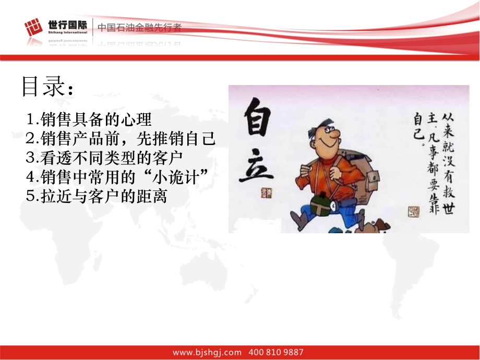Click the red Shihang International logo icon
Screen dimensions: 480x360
point(33,27)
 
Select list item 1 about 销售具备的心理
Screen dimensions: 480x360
point(89,119)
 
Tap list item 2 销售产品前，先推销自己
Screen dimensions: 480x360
point(121,138)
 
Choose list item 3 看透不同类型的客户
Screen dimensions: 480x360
point(104,158)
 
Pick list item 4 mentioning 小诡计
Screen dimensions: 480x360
point(117,177)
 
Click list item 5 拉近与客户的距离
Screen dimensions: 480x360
point(97,196)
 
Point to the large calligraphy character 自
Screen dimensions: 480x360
point(258,117)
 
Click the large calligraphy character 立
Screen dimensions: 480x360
point(256,165)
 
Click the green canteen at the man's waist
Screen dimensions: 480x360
point(321,204)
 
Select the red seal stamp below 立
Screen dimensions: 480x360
point(266,193)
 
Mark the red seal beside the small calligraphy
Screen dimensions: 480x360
point(414,211)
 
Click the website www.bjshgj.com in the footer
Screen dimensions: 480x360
point(207,352)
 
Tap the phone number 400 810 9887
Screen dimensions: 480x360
point(276,352)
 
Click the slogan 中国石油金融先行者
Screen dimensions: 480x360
point(139,28)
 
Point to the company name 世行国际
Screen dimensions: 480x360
point(67,25)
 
